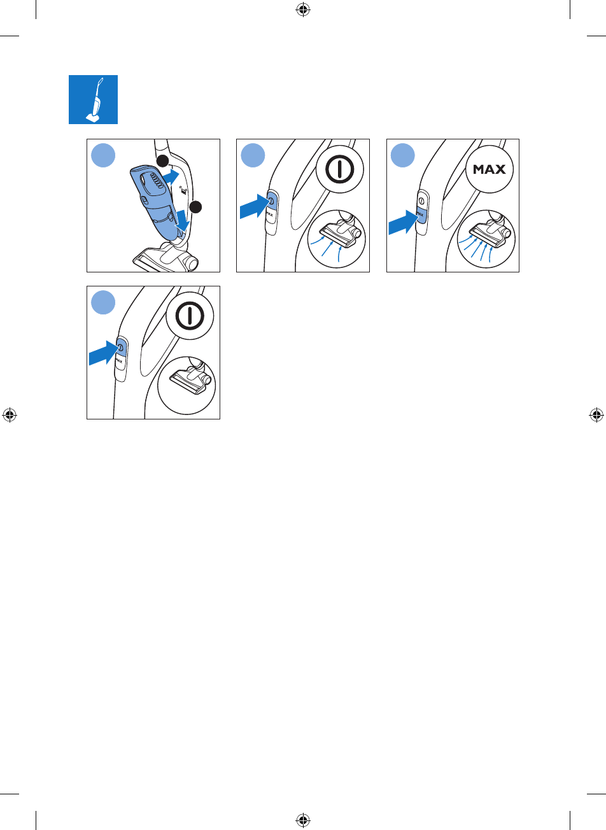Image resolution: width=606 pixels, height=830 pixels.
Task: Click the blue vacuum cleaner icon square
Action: [93, 100]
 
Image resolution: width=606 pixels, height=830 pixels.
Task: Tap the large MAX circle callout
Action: [490, 169]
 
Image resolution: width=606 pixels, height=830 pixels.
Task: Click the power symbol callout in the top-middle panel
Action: [339, 169]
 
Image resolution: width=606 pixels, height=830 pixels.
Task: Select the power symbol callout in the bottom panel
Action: [190, 316]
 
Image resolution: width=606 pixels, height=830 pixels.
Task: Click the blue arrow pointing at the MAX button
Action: [404, 222]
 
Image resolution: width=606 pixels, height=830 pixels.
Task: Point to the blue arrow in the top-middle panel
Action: [254, 206]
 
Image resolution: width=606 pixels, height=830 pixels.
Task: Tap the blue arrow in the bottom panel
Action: [103, 353]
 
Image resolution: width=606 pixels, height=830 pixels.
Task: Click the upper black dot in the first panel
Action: [162, 161]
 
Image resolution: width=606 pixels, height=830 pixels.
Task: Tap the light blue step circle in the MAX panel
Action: [402, 155]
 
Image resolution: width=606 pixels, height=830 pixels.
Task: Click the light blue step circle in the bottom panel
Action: [103, 302]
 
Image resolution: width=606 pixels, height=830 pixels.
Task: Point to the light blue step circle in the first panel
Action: [103, 155]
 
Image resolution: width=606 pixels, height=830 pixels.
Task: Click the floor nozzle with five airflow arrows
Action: [491, 234]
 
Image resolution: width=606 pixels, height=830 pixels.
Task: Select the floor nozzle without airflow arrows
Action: [190, 380]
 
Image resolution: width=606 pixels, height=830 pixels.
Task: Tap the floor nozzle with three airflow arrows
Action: [341, 234]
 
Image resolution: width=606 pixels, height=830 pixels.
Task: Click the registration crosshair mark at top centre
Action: [303, 10]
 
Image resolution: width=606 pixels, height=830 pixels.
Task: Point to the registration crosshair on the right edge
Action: [596, 415]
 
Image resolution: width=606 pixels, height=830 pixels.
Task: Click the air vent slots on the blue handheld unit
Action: [156, 181]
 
